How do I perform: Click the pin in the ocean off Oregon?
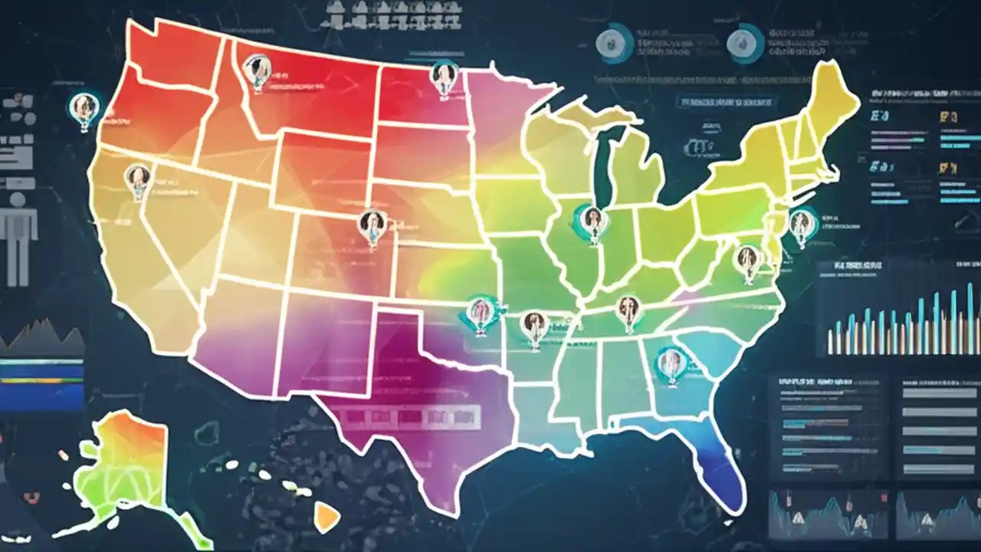point(84,109)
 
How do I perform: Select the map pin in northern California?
point(137,179)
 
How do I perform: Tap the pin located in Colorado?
point(371,225)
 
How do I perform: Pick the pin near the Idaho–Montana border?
point(255,71)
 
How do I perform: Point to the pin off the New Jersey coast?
point(801,224)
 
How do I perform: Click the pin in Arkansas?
point(533,325)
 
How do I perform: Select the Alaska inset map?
point(126,468)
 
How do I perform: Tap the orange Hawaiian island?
point(327,517)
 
